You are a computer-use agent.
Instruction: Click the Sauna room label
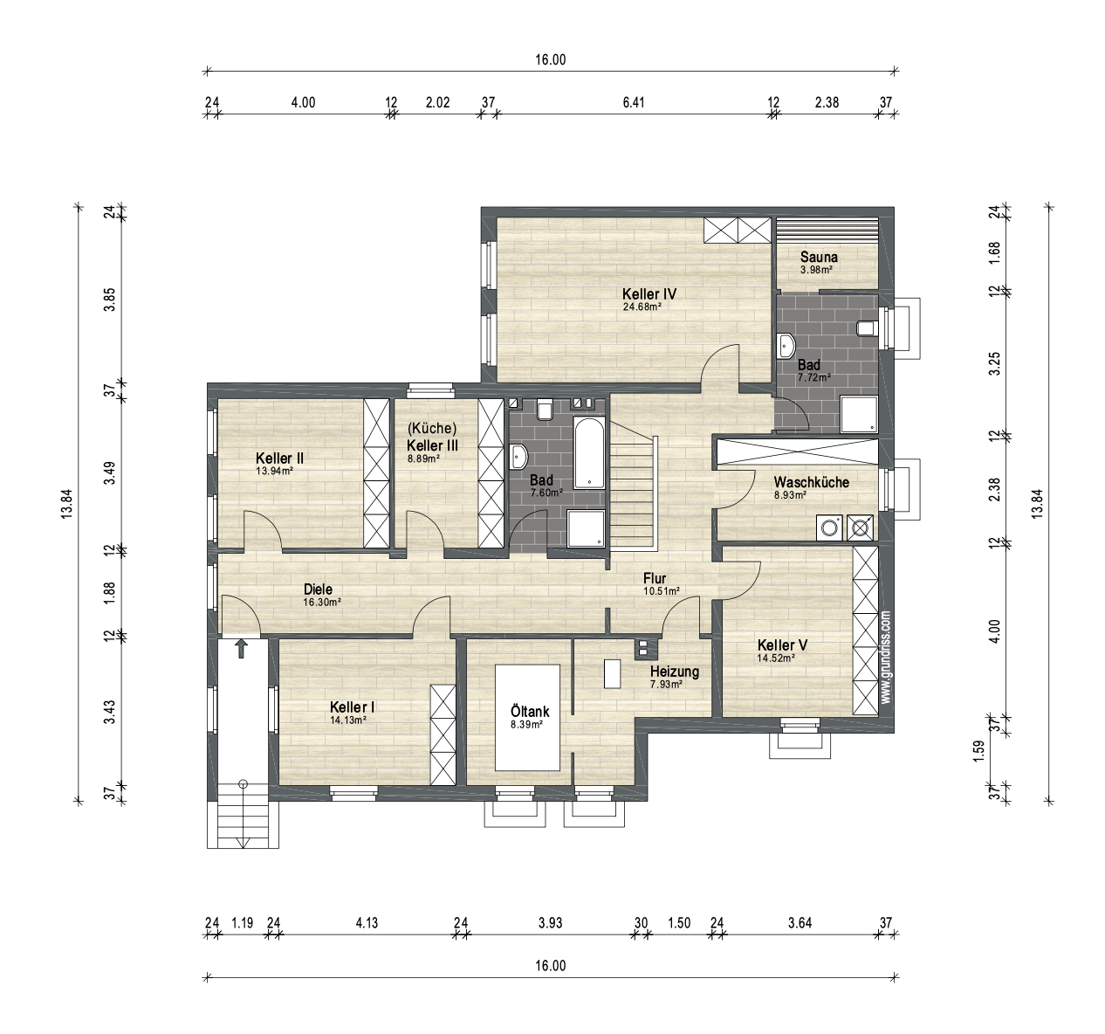click(819, 258)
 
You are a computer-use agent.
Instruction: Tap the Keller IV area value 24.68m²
click(642, 307)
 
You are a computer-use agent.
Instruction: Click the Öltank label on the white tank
click(530, 712)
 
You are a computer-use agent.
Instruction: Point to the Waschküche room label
click(811, 482)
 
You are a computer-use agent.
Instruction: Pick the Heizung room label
click(675, 672)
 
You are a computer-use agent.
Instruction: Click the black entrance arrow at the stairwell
click(241, 649)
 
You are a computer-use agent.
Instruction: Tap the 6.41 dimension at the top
click(634, 102)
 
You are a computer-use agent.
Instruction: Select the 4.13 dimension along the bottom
click(367, 923)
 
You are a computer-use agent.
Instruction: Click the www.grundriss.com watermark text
click(886, 657)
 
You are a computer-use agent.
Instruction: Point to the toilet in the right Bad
click(868, 328)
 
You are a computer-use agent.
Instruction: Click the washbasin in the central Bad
click(518, 457)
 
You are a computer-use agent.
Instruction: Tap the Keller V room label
click(782, 645)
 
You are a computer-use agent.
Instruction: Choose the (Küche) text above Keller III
click(432, 428)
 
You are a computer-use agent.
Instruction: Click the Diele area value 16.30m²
click(321, 602)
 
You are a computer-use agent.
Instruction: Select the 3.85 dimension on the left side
click(111, 300)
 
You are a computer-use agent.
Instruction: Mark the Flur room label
click(655, 578)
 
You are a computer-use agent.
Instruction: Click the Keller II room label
click(279, 458)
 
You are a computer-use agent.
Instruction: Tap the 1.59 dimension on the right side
click(978, 751)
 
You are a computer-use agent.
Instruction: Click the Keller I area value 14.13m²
click(347, 720)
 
